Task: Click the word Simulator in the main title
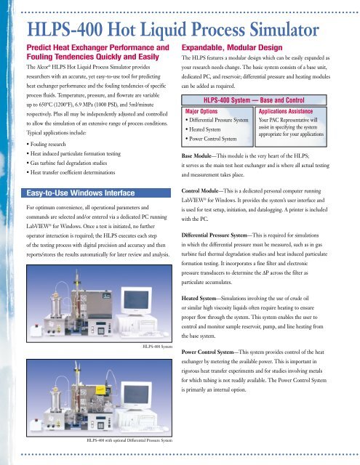tap(284, 30)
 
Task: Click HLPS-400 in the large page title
tap(65, 30)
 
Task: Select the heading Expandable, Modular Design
tap(232, 47)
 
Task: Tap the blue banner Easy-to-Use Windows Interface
tap(96, 193)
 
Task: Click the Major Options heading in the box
tap(201, 111)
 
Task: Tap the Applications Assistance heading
tap(286, 111)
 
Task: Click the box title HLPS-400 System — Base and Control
tap(254, 100)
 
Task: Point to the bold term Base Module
tap(196, 155)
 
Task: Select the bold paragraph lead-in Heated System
tap(199, 299)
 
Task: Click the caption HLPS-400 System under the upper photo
tap(157, 347)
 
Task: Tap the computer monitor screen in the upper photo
tap(136, 299)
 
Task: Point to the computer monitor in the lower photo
tap(136, 396)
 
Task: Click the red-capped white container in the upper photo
tap(36, 330)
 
